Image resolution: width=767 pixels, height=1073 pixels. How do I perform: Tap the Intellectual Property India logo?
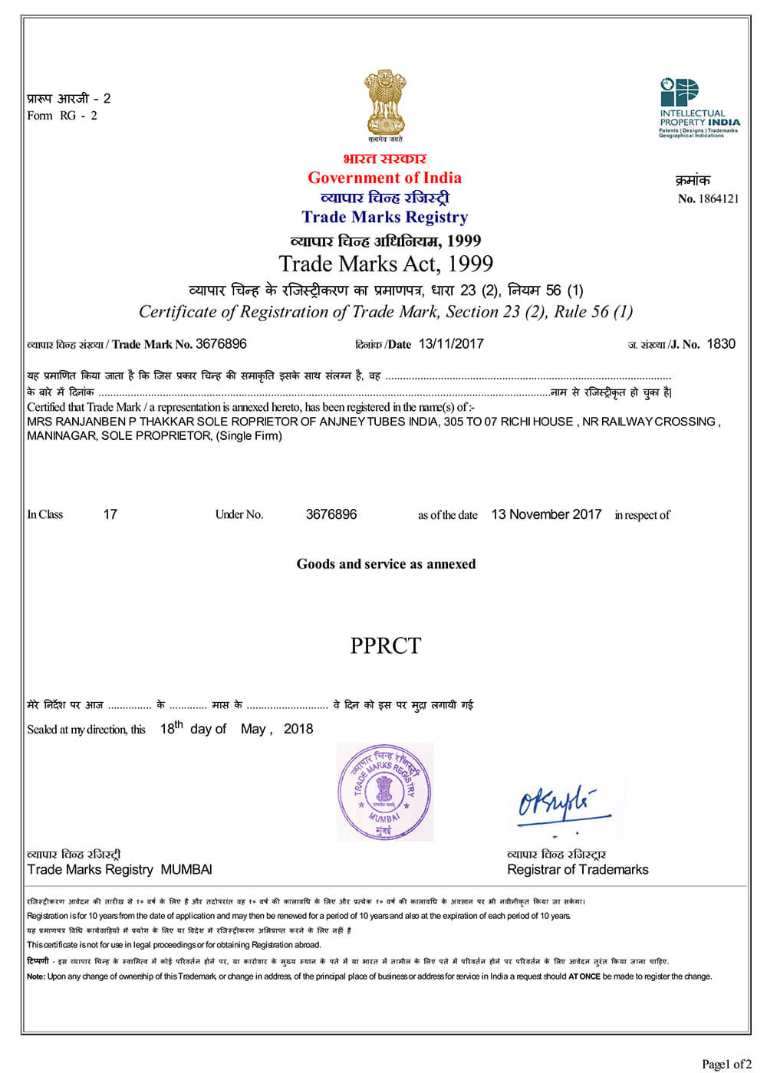coord(699,107)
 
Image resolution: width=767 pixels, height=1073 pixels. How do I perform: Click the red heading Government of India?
coord(384,178)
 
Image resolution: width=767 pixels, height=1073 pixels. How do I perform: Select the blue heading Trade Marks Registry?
coord(384,217)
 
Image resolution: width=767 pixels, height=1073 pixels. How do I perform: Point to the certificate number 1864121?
coord(719,199)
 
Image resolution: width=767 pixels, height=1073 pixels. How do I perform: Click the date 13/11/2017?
coord(451,343)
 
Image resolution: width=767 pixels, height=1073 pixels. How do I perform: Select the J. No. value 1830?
coord(720,343)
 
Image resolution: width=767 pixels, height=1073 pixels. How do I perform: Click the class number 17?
coord(110,514)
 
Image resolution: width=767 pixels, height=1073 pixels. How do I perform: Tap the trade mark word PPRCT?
coord(385,645)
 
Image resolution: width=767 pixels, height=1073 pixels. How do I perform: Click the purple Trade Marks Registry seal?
coord(384,792)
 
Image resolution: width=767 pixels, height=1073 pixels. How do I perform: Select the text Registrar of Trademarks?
coord(578,869)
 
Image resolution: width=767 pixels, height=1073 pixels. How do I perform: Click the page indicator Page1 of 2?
coord(726,1063)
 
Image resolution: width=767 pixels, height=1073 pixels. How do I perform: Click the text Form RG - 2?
coord(62,116)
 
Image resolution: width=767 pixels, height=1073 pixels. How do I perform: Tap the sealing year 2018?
coord(298,729)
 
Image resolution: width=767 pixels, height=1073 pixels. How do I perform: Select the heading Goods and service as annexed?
coord(386,564)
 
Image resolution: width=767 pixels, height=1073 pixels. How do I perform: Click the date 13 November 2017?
coord(546,514)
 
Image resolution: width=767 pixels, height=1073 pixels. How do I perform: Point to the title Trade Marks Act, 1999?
coord(386,264)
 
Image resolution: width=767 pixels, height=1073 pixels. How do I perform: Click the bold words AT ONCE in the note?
coord(584,976)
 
